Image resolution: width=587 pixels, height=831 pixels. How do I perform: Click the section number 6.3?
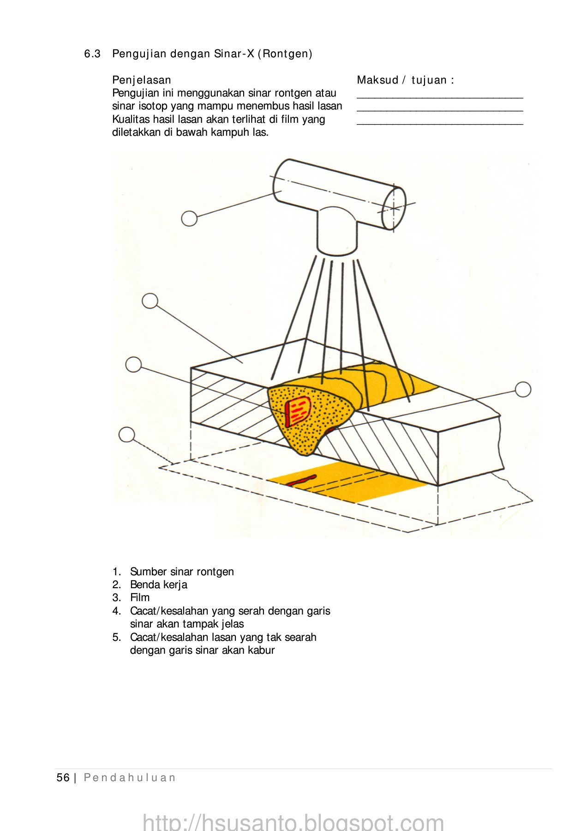point(92,54)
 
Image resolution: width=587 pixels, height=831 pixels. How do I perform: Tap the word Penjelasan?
point(142,80)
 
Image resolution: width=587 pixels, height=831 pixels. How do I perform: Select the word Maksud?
point(377,80)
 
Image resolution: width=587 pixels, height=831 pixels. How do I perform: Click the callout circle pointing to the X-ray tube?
point(189,218)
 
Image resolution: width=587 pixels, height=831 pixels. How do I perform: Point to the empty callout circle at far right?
point(523,390)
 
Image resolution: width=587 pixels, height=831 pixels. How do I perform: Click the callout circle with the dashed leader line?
point(127,435)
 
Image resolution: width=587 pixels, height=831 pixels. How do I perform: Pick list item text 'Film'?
point(140,598)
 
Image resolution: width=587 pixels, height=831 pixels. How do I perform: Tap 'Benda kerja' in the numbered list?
point(159,585)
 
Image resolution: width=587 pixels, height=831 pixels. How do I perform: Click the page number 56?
point(63,778)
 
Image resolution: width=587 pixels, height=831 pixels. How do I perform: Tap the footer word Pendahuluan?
point(130,778)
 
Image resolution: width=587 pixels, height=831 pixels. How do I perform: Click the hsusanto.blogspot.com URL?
point(293,822)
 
